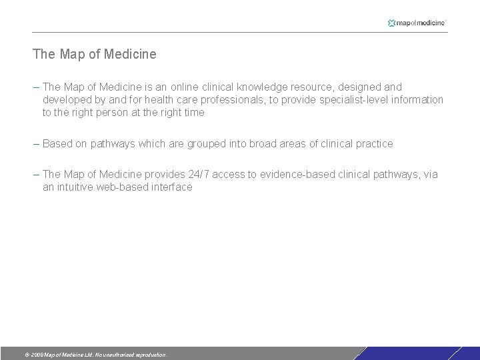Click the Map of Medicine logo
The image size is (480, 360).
(x=417, y=23)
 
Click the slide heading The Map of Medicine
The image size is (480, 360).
(x=95, y=54)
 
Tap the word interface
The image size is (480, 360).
(x=172, y=187)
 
